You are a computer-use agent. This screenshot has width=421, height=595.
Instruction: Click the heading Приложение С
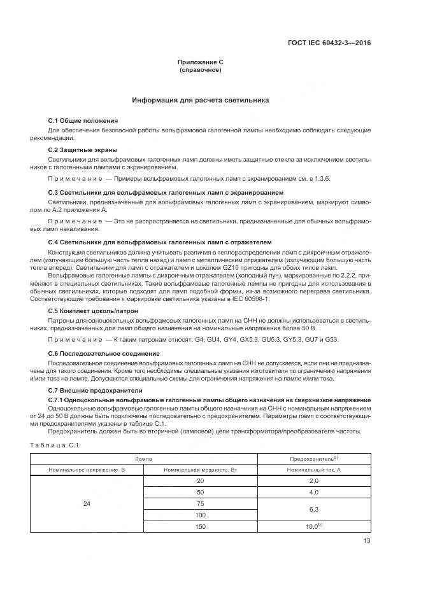pyautogui.click(x=200, y=62)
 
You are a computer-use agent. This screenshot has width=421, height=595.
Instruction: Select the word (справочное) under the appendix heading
pyautogui.click(x=200, y=70)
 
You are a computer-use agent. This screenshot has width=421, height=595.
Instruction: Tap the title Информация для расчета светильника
pyautogui.click(x=200, y=101)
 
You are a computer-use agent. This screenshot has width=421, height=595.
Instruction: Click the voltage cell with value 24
pyautogui.click(x=87, y=504)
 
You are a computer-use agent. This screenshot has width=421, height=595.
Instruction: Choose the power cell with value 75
pyautogui.click(x=201, y=503)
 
